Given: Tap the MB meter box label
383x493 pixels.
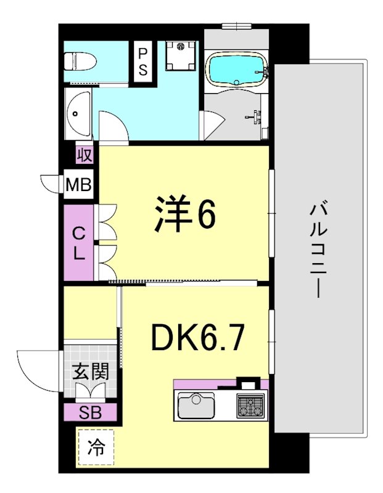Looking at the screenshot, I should [80, 184].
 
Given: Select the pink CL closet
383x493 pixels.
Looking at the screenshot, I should [79, 243].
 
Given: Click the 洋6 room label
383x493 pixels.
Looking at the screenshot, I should [183, 214].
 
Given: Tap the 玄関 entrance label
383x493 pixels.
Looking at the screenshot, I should [90, 372].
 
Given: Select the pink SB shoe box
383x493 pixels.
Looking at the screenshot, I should [89, 412].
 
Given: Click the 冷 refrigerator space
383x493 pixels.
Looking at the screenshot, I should [94, 447].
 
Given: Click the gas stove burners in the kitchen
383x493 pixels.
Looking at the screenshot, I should [250, 405].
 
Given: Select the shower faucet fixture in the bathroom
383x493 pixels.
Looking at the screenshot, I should [255, 115].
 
